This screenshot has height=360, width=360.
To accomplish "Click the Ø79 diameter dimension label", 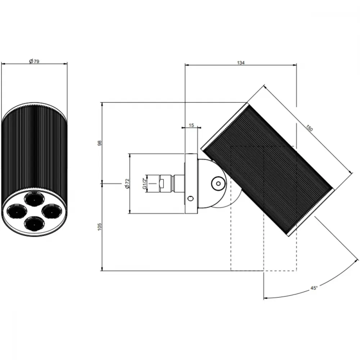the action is coord(34,61).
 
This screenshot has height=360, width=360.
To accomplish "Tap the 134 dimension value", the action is coord(240,62).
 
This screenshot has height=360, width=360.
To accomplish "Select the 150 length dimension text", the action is coord(309,128).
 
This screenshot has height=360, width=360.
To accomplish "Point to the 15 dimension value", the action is coord(191,125).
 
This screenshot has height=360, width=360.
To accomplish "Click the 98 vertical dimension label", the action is coord(99,143).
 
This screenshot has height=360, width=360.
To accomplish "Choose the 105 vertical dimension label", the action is coord(99,227).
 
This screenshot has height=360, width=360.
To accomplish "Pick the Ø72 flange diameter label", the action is coord(128,184).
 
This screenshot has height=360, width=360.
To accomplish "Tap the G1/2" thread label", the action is coord(145,184).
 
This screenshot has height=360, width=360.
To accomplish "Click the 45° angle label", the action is coord(314,288).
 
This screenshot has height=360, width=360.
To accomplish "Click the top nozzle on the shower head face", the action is coord(35,199).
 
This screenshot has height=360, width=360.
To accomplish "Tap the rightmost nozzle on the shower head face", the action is coord(51,211).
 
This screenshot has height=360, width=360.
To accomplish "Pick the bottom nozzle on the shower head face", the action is coord(34,223).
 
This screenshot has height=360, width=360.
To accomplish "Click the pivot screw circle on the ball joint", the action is coord(219,184).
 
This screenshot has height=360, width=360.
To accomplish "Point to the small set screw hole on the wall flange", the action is coord(190,198).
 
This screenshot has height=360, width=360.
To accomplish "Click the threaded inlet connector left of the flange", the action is coord(165,184).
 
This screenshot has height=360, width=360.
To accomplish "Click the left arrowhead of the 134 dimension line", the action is coord(186,65).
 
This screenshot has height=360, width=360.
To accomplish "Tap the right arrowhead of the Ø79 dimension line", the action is coord(66,64).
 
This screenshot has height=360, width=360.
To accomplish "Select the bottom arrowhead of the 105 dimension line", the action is coord(102,269).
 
